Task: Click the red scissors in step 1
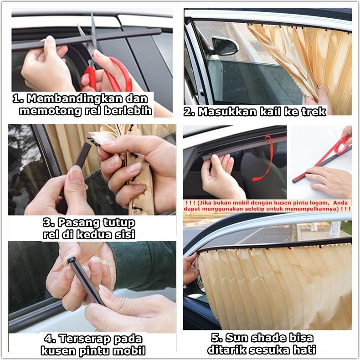point(112,73)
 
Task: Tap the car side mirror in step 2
point(225,46)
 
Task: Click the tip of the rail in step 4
point(71,260)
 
